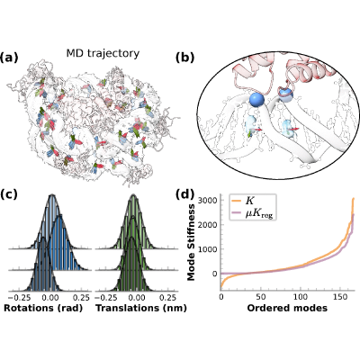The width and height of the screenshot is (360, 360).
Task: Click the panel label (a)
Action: point(9,57)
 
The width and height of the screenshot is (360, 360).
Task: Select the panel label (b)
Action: point(184,58)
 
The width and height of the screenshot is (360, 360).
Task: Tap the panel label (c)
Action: point(8,194)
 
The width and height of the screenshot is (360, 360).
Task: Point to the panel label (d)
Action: point(184,194)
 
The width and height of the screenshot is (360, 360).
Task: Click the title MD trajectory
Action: point(103,54)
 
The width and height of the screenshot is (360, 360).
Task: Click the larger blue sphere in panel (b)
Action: point(256,100)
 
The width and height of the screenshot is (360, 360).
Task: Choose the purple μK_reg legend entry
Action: point(253,213)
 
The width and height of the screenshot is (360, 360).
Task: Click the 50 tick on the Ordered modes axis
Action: point(261,297)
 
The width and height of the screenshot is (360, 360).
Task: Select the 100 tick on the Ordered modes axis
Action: point(301,297)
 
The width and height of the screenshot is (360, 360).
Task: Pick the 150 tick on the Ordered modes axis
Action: point(340,297)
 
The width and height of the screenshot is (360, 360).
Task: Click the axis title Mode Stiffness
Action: point(191,242)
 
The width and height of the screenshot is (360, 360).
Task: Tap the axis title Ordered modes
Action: point(287,308)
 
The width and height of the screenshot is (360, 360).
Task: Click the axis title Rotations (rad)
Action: point(43,308)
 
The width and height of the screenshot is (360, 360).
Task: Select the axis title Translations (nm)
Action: point(141,308)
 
